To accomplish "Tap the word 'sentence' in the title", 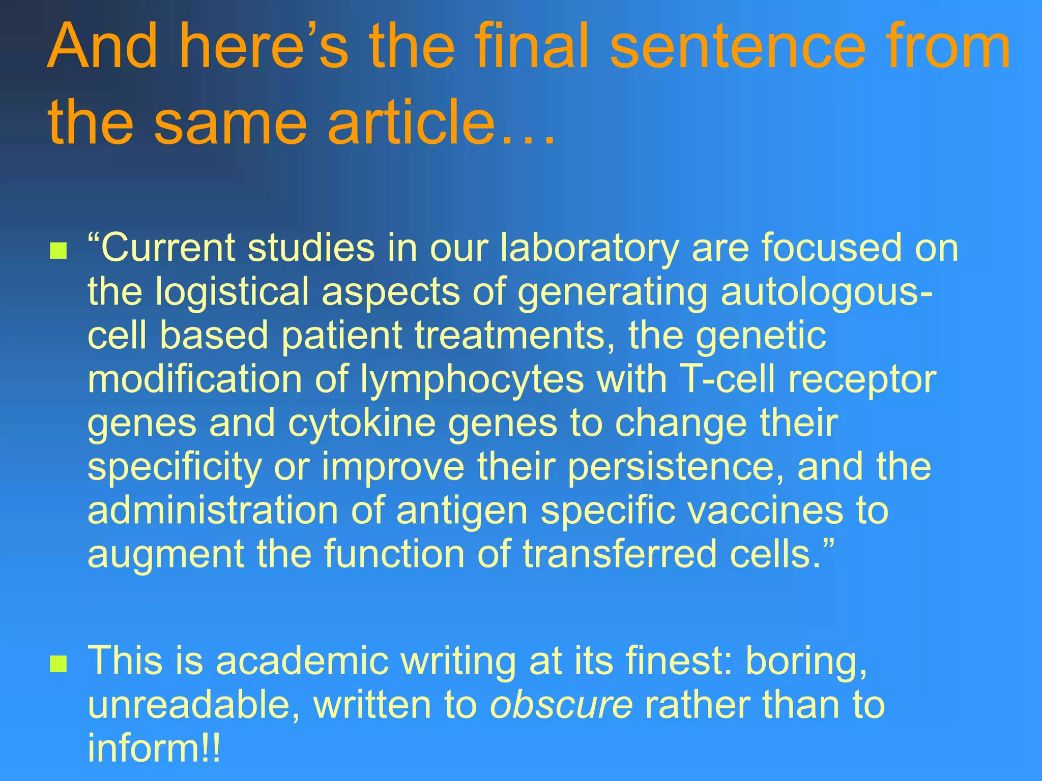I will coord(737,47).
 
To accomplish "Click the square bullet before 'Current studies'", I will coord(59,251).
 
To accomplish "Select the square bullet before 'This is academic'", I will coord(59,664).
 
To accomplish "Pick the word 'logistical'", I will coord(231,293).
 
